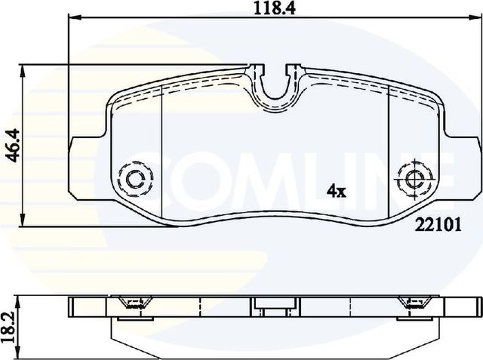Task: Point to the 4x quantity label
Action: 335,192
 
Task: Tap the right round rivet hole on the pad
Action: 414,180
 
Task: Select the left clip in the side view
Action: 134,304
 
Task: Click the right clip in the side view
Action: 413,304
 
